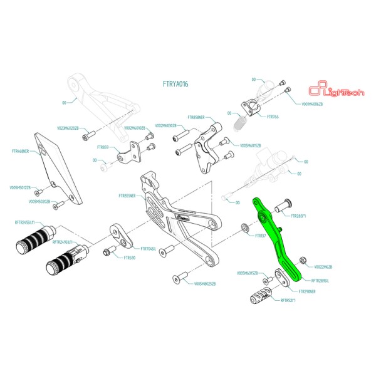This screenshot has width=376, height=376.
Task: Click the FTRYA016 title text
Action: click(x=176, y=84)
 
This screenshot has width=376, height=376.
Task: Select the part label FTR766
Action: click(x=273, y=117)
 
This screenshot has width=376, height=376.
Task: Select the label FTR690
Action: click(x=130, y=258)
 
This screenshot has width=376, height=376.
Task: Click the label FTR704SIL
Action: click(x=149, y=249)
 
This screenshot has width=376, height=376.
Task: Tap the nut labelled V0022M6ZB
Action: click(x=304, y=259)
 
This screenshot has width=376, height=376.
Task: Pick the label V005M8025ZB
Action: click(x=206, y=283)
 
